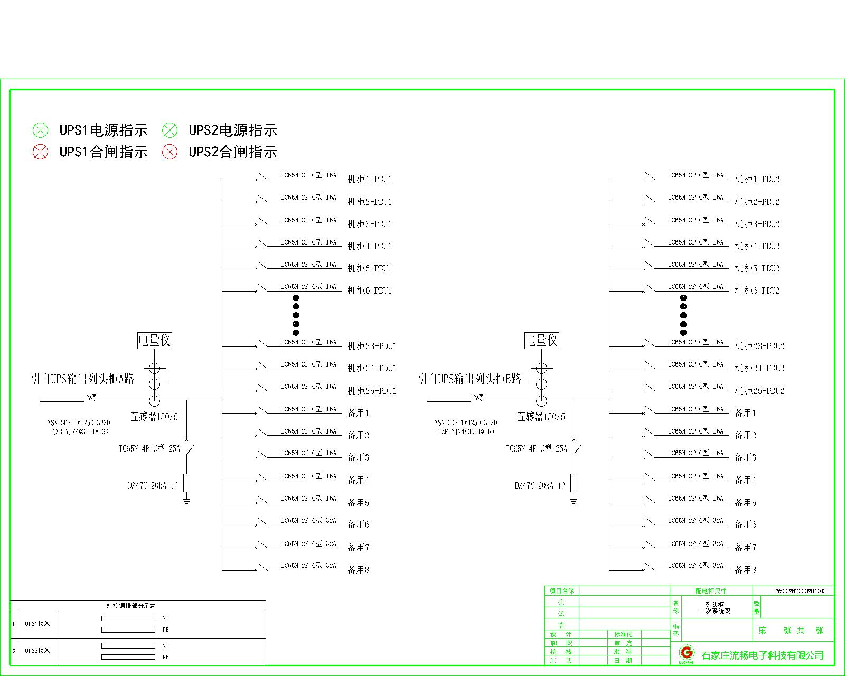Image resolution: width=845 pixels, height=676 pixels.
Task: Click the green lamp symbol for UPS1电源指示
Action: pyautogui.click(x=40, y=130)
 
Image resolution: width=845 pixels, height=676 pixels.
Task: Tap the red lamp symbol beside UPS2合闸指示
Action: pyautogui.click(x=170, y=152)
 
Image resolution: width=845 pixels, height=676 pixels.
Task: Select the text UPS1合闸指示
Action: pyautogui.click(x=104, y=152)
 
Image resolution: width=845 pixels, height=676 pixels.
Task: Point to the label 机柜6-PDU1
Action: pyautogui.click(x=369, y=290)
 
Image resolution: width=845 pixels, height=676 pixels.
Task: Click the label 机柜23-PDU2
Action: pyautogui.click(x=759, y=346)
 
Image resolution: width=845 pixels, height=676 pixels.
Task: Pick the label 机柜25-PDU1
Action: pyautogui.click(x=371, y=391)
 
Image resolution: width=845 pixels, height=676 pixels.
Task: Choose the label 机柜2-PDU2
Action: pyautogui.click(x=757, y=202)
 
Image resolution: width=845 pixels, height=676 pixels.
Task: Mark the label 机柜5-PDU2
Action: pyautogui.click(x=757, y=268)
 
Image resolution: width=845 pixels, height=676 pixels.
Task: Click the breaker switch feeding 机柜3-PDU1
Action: pyautogui.click(x=263, y=221)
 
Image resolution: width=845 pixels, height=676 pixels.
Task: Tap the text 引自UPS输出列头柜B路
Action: pyautogui.click(x=470, y=379)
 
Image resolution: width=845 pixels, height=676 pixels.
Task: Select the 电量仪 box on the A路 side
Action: pyautogui.click(x=154, y=341)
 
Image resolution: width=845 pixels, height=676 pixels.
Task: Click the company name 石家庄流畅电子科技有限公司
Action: pyautogui.click(x=763, y=655)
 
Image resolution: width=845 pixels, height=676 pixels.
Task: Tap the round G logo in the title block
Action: pyautogui.click(x=687, y=652)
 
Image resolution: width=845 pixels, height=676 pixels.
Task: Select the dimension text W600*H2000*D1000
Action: pyautogui.click(x=800, y=591)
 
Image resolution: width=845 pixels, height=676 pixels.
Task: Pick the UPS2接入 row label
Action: pyautogui.click(x=37, y=651)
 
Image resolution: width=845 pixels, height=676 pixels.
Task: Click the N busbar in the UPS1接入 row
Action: pyautogui.click(x=128, y=618)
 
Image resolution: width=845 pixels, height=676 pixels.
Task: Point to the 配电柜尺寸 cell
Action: pyautogui.click(x=710, y=591)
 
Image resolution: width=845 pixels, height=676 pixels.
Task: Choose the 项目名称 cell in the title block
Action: pyautogui.click(x=561, y=591)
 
